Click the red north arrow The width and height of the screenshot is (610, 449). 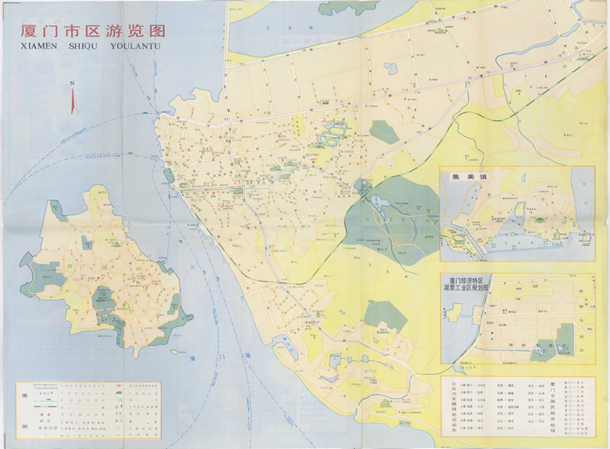click(73, 101)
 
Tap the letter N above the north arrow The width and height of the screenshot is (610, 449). click(71, 83)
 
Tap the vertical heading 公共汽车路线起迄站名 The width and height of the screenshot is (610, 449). click(451, 408)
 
